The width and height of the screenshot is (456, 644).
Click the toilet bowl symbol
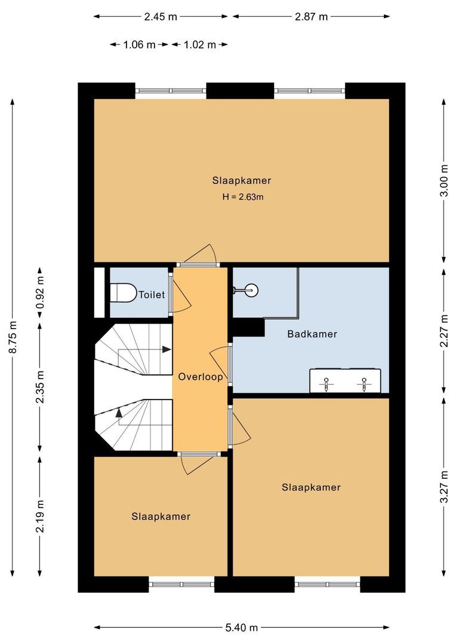tap(122, 293)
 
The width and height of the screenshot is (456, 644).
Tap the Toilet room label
tap(152, 295)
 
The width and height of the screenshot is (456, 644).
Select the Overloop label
tap(201, 377)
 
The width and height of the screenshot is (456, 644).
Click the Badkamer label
tap(312, 334)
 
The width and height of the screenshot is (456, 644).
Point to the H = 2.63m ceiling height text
tap(242, 197)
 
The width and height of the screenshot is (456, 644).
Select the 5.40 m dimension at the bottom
tap(242, 627)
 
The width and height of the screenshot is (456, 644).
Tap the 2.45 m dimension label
tap(161, 17)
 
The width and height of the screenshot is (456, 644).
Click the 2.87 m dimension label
tap(311, 17)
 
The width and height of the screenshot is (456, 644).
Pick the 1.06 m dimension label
tap(139, 45)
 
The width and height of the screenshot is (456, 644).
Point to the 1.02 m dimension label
tap(199, 45)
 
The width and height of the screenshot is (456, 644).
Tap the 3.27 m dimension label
tap(443, 488)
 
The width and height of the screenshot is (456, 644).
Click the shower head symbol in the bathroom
tap(251, 291)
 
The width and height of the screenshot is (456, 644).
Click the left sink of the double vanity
tap(327, 382)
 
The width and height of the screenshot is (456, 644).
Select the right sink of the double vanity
tap(363, 382)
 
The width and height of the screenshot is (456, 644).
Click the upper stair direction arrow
tap(164, 350)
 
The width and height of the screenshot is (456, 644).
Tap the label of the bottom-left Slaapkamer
tap(161, 516)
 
